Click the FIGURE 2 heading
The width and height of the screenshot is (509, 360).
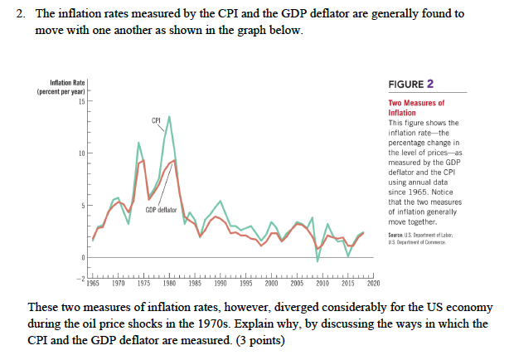(412, 84)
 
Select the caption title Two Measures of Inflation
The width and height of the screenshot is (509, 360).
(417, 108)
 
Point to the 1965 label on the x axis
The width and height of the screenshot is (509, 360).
(95, 283)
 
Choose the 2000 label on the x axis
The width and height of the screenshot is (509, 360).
(271, 283)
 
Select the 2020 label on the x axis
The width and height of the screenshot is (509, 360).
(372, 283)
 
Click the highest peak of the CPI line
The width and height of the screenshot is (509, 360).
(170, 117)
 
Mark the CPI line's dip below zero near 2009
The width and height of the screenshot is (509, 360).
(318, 262)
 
